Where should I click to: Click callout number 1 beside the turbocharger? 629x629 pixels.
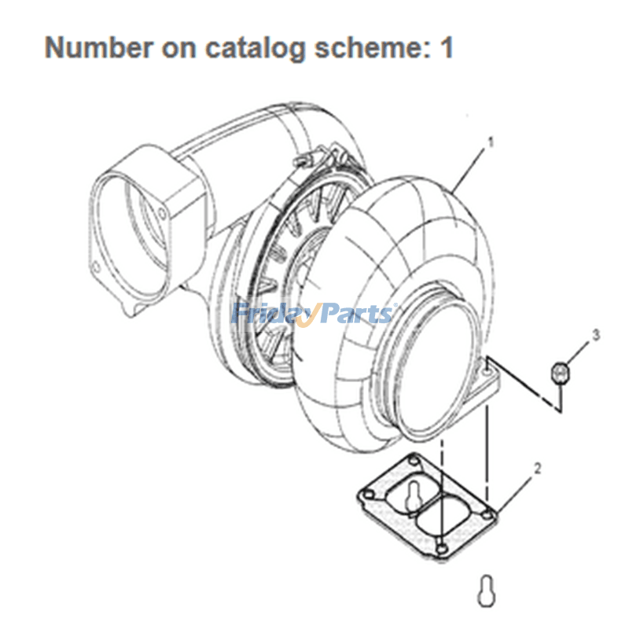point(491,143)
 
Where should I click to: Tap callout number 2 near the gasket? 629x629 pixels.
point(538,469)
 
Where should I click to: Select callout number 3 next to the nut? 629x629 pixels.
point(595,336)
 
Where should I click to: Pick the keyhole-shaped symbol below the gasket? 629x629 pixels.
point(485,588)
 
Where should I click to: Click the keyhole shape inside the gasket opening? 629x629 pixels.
point(414,497)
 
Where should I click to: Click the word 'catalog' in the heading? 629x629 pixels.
point(255,48)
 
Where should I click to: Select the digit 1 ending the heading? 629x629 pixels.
point(447,48)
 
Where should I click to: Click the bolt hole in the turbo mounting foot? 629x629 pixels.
point(490,366)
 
